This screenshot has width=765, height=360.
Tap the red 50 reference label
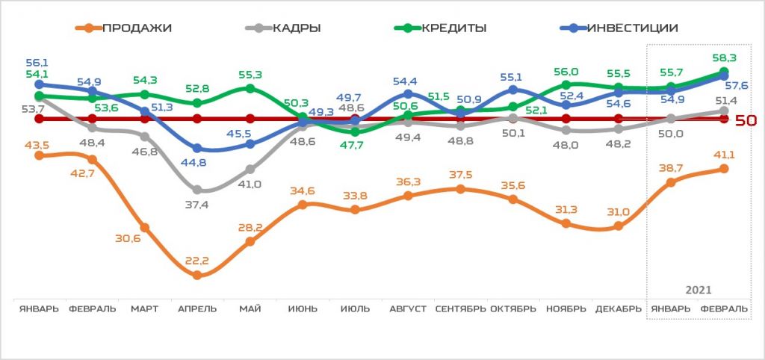point(746,120)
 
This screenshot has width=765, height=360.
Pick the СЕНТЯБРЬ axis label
point(459,309)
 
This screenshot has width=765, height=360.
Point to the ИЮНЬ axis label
point(302,309)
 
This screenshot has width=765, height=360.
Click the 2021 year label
point(698,290)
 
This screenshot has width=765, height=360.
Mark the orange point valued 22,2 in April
point(196,275)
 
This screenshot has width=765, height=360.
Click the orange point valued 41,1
point(723,169)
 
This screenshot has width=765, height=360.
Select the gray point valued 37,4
point(196,190)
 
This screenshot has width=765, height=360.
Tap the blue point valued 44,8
point(196,149)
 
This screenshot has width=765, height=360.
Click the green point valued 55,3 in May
point(250,89)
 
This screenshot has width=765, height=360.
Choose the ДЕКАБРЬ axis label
point(618,309)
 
